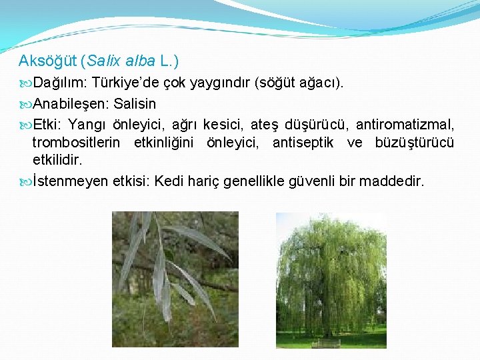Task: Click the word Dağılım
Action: (x=60, y=83)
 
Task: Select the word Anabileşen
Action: (x=71, y=104)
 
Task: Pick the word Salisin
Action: (x=135, y=104)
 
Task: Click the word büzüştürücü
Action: (x=415, y=143)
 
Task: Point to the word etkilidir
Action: (x=57, y=161)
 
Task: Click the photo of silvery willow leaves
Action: (x=175, y=279)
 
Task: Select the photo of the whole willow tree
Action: (x=331, y=280)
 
